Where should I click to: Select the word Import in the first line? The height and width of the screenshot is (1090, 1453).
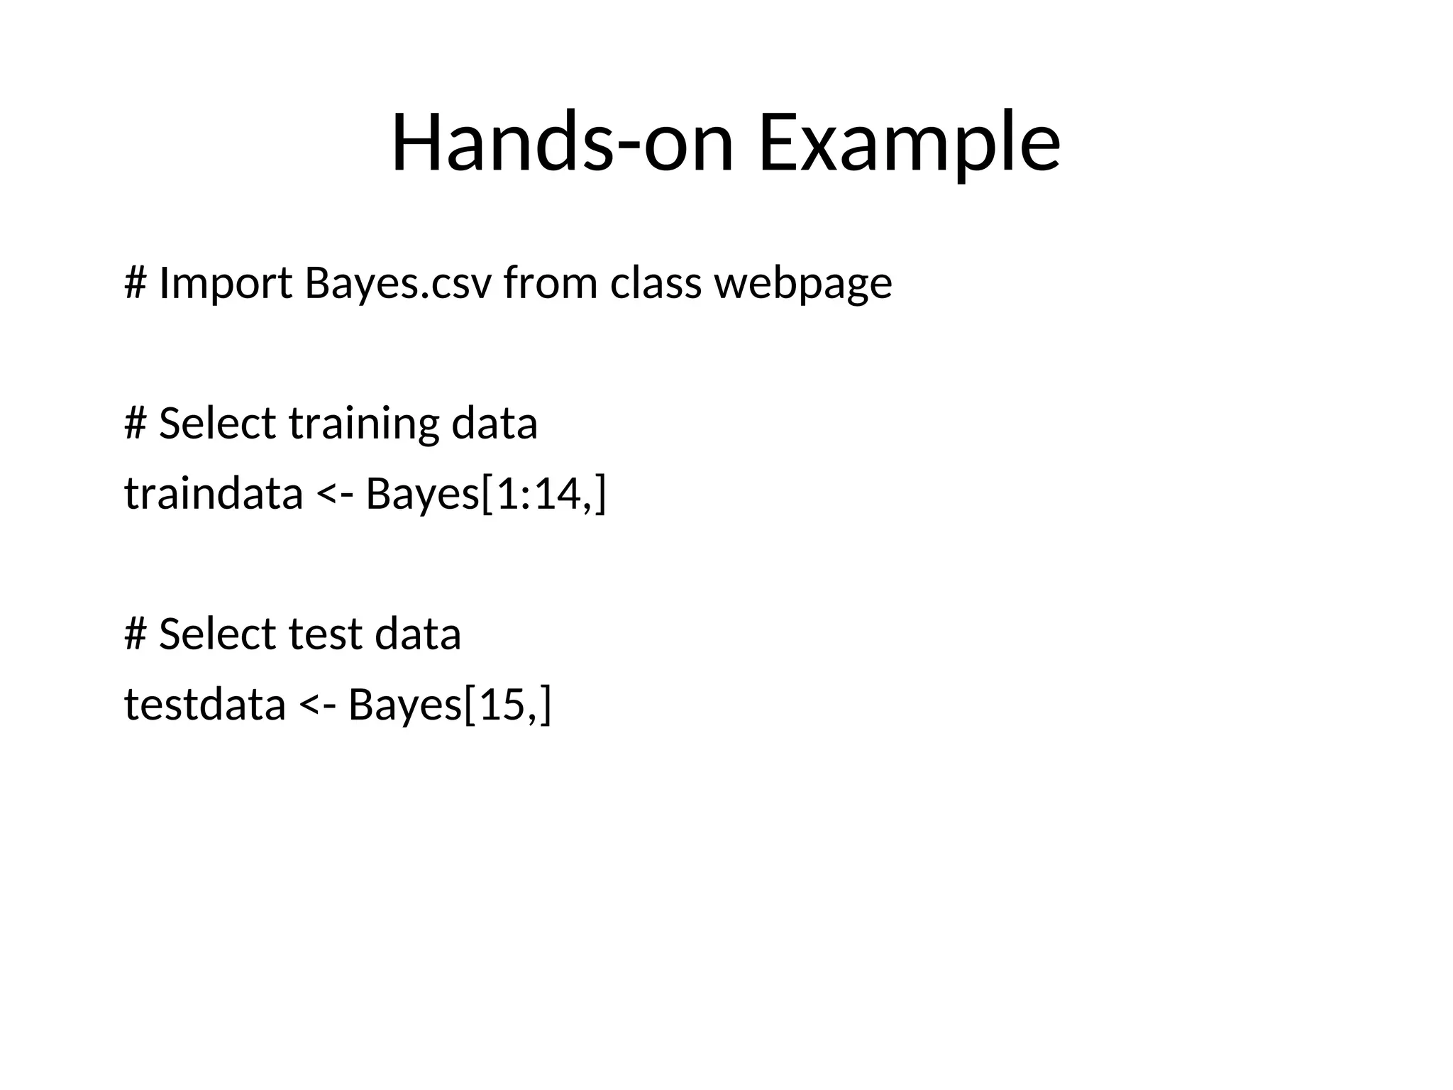226,283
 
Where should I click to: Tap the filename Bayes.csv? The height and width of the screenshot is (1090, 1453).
397,283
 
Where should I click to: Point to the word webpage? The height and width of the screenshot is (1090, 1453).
802,283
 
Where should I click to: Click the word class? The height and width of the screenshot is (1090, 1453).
656,283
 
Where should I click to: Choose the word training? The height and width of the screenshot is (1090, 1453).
364,424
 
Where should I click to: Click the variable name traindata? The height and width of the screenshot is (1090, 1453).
214,494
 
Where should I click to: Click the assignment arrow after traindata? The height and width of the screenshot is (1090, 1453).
333,494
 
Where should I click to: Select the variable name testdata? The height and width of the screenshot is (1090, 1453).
205,705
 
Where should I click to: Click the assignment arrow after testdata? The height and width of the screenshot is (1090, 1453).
316,705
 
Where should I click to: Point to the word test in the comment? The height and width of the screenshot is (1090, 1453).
325,634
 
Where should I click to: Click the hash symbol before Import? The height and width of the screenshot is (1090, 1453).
135,283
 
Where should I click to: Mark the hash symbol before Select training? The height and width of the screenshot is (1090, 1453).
135,424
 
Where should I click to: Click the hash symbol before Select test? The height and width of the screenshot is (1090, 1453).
135,634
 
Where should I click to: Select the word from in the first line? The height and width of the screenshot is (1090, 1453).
550,283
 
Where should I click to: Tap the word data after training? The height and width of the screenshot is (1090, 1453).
494,424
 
